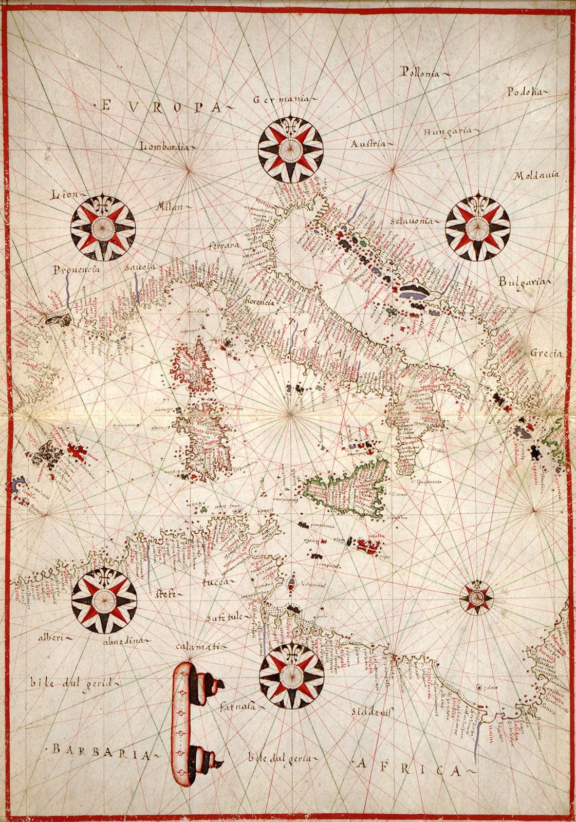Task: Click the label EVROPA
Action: pos(160,106)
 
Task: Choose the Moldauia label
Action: pos(535,176)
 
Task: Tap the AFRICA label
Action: pos(405,767)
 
